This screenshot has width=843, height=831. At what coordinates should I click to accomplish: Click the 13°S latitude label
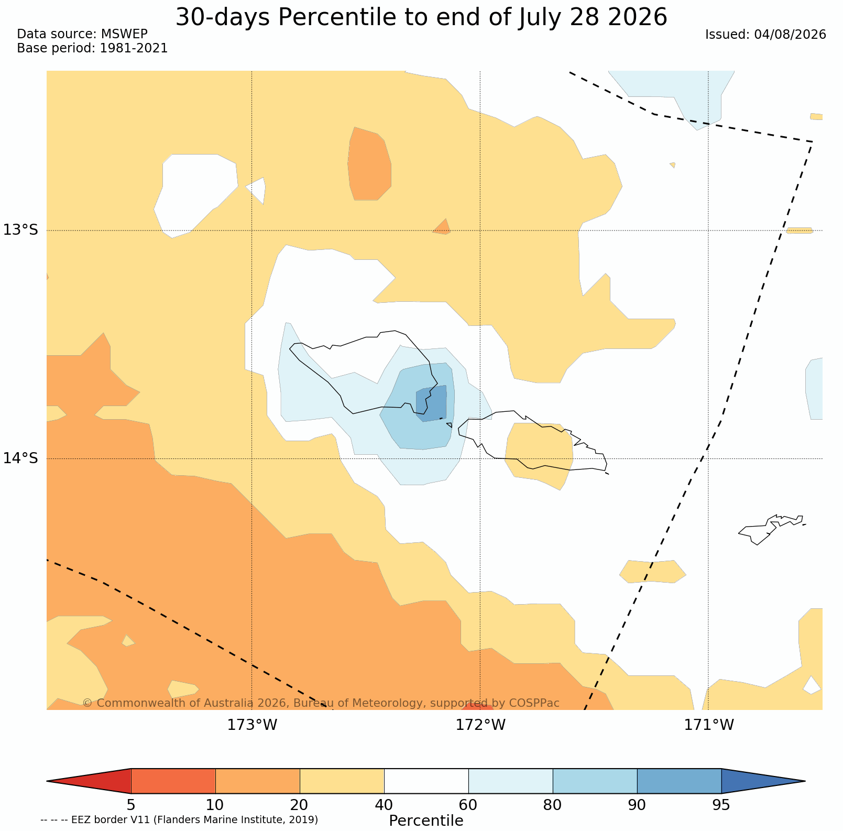coord(21,230)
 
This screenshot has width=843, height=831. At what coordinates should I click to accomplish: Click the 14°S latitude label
coord(21,458)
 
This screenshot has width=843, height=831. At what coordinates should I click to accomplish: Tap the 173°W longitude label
coord(252,725)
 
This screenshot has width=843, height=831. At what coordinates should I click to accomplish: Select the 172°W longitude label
coord(480,725)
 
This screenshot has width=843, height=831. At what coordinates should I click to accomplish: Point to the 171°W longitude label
coord(709,725)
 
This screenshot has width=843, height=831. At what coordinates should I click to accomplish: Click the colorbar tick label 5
coord(131,805)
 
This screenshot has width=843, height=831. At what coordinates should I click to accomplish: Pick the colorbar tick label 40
coord(384,805)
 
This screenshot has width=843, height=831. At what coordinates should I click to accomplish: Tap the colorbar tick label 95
coord(721,805)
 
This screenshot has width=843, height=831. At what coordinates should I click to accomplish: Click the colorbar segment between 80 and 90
coord(595,781)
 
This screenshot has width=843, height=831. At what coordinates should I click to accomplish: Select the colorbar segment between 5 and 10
coord(173,781)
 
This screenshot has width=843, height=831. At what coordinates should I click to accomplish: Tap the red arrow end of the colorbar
coord(89,781)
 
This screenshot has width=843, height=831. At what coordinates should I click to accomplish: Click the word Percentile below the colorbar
coord(426,821)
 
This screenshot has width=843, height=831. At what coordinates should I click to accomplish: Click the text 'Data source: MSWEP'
coord(82,34)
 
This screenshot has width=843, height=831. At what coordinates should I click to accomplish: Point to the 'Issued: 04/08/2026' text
coord(765,35)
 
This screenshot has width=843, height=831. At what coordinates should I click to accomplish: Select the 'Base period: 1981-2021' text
coord(92,49)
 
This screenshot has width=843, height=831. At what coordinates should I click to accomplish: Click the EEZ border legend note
coord(179,819)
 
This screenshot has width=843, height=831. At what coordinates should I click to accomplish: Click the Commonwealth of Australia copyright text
coord(321,703)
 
